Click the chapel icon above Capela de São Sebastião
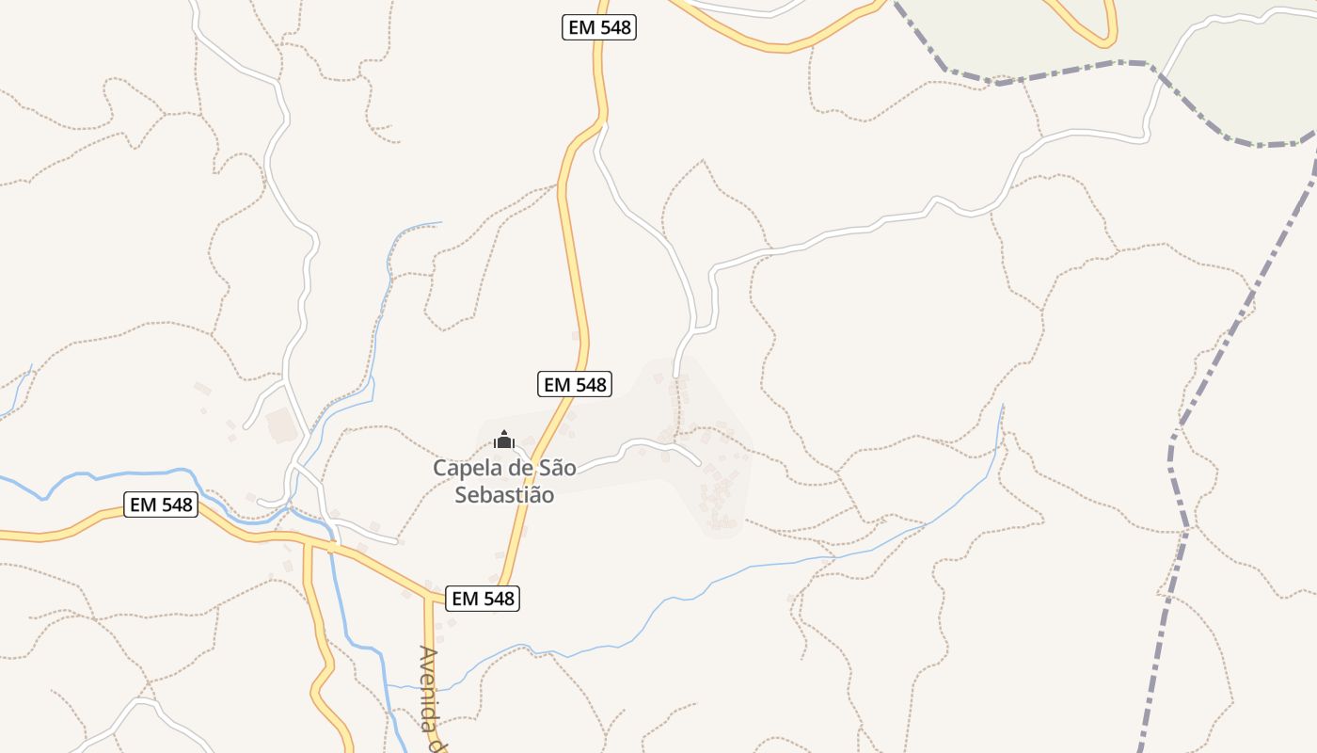pyautogui.click(x=504, y=440)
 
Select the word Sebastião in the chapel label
pyautogui.click(x=504, y=495)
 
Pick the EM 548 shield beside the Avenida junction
pyautogui.click(x=483, y=598)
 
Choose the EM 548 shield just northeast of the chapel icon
pyautogui.click(x=575, y=384)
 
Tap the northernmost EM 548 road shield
pyautogui.click(x=599, y=27)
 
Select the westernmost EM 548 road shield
pyautogui.click(x=161, y=505)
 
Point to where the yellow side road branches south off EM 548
pyautogui.click(x=307, y=543)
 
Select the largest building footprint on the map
pyautogui.click(x=282, y=425)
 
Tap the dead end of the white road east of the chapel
pyautogui.click(x=700, y=463)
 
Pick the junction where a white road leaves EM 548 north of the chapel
pyautogui.click(x=600, y=122)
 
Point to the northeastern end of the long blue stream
pyautogui.click(x=1003, y=406)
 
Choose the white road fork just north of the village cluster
pyautogui.click(x=694, y=331)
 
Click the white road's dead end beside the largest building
pyautogui.click(x=246, y=426)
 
